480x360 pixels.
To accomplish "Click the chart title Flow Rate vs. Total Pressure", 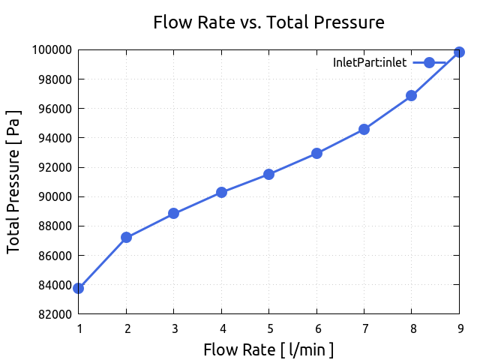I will click(268, 22).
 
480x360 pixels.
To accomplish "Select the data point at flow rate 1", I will click(79, 288).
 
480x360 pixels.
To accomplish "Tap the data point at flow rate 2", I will click(126, 237).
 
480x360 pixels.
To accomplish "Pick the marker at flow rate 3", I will click(174, 213).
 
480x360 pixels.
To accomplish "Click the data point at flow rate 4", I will click(221, 192).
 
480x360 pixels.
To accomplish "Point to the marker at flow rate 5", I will click(268, 174).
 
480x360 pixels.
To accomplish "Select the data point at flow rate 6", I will click(316, 153).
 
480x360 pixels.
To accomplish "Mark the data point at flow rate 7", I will click(364, 129).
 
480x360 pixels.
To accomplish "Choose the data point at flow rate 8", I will click(411, 95).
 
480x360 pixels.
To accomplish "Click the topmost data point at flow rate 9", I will click(459, 52).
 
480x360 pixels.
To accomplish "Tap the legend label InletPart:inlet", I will click(370, 63).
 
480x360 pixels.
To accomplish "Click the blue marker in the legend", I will click(429, 63).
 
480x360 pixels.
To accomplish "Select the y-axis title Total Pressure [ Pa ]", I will click(14, 181).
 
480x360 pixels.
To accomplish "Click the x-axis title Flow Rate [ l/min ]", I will click(268, 349).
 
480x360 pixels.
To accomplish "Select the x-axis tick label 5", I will click(268, 328).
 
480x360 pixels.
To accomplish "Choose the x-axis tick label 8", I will click(411, 328).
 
